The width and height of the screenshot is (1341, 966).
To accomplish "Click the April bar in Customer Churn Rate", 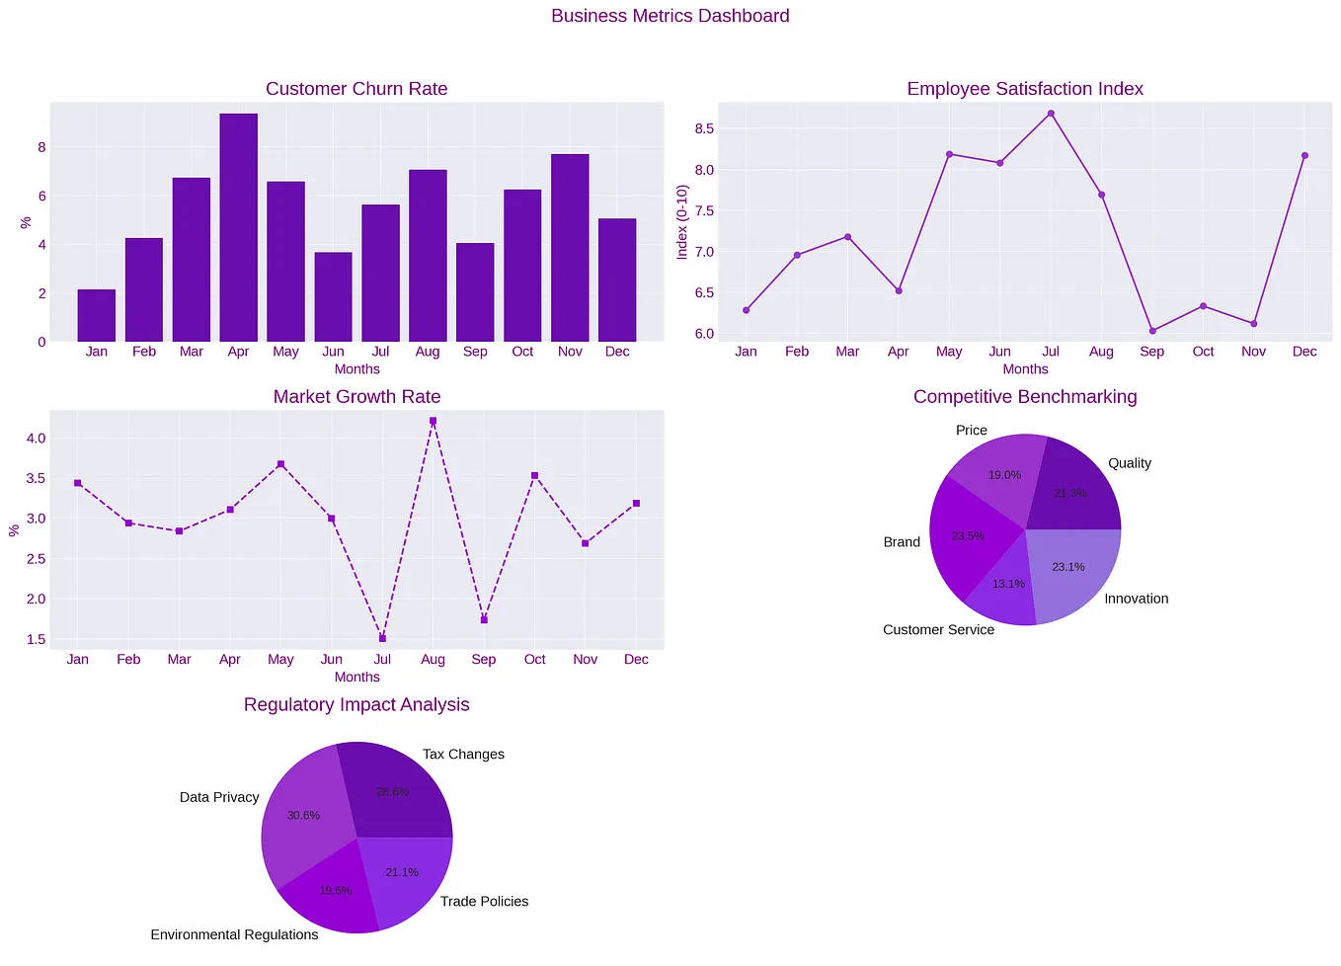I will coord(238,228).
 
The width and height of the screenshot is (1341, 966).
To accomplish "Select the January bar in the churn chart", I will coord(97,316).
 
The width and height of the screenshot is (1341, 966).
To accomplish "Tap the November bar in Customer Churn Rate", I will coord(570,248).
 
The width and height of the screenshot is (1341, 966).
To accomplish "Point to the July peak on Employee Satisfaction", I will coord(1051,114).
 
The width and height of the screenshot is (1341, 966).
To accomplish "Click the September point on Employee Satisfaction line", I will coord(1152,331).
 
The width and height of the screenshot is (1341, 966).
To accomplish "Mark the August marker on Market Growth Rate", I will coord(433,421).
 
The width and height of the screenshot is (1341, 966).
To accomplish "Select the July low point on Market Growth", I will coord(382,638).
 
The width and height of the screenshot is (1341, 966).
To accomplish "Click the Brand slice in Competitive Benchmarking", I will coord(968,536).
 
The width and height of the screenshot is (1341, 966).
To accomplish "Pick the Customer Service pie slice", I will coord(1004,589).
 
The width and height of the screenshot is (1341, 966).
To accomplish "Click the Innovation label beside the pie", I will coord(1136,599).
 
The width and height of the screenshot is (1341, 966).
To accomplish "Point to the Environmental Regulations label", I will coord(234,934).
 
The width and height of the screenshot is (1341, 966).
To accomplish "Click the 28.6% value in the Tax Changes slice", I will coord(393,791).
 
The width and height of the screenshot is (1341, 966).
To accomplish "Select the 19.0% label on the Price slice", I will coord(1004,475).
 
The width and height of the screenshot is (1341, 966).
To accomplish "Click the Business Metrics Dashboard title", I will coord(670,16).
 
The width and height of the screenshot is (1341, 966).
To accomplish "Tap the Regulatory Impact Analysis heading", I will coord(356,705).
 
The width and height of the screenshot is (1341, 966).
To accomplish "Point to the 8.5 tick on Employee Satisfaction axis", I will coord(703,128).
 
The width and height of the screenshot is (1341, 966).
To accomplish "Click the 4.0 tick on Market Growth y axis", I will coord(36,438).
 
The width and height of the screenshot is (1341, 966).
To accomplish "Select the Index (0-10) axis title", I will coord(681,222).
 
